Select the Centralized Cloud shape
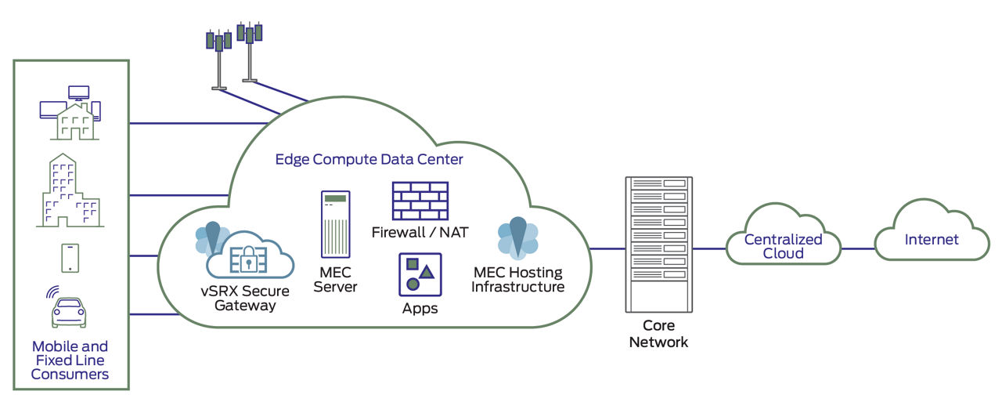783,245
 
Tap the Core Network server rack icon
658,243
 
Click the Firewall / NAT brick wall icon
420,201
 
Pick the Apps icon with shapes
420,274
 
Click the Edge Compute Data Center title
369,159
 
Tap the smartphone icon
69,258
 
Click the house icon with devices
70,114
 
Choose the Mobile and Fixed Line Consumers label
70,360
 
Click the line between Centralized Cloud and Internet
857,248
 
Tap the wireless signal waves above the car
52,292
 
